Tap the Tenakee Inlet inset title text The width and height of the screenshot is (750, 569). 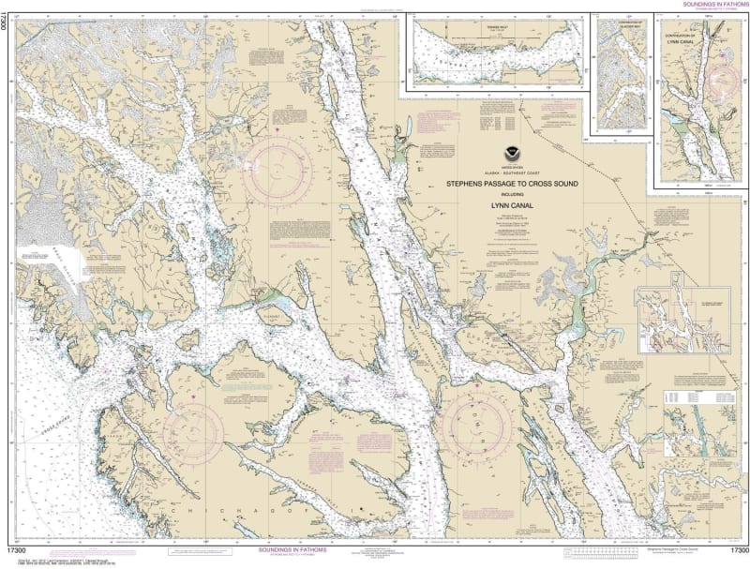click(x=487, y=28)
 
